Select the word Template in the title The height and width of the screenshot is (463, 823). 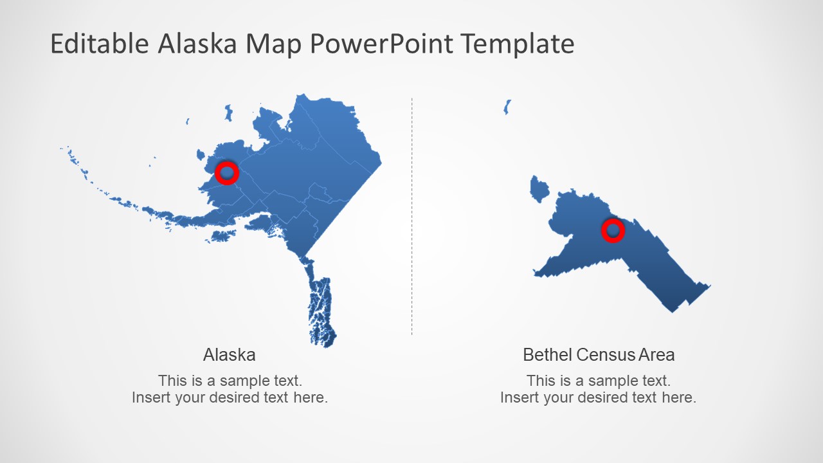point(518,44)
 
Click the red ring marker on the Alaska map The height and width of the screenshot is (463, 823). point(226,172)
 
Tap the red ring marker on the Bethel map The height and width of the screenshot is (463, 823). point(613,230)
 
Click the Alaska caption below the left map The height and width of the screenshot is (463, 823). point(229,354)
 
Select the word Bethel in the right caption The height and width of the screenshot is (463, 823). point(547,354)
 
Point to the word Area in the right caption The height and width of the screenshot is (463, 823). point(656,354)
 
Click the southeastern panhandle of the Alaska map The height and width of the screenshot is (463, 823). point(321,309)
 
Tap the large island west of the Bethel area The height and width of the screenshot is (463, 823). point(539,189)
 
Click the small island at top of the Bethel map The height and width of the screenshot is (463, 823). point(507,107)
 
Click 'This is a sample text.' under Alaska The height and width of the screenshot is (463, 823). point(230,380)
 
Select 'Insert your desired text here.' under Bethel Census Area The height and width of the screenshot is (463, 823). point(598,397)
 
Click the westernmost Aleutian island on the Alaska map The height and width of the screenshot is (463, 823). point(63,149)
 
